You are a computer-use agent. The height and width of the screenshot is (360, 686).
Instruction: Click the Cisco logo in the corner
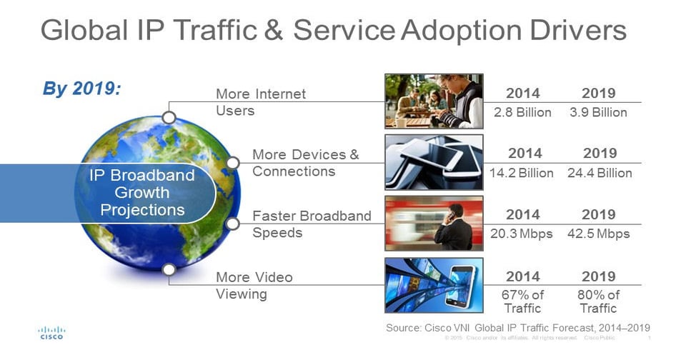coord(51,333)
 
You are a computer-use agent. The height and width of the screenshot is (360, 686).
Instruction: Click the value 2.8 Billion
coord(523,112)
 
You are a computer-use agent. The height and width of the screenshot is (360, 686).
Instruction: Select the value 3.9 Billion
coord(599,112)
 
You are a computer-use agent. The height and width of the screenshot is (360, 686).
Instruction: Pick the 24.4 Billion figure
coord(600,173)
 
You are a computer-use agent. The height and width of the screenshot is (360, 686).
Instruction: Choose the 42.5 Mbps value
coord(599,234)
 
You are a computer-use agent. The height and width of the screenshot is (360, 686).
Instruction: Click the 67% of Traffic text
coord(523,301)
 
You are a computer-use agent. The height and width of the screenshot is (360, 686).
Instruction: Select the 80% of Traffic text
coord(598,301)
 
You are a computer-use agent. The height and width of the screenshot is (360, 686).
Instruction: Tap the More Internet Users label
coord(260,102)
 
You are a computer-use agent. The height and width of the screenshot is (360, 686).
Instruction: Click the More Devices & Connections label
coord(305,163)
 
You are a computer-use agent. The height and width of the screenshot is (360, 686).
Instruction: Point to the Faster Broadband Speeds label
coord(312,224)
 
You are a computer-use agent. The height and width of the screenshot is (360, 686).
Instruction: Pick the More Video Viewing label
coord(254,285)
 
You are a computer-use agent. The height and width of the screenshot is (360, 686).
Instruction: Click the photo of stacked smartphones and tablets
coord(434,162)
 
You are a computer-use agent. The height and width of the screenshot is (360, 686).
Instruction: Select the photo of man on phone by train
coord(434,224)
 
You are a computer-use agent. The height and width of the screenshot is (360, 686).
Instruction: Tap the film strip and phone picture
coord(434,285)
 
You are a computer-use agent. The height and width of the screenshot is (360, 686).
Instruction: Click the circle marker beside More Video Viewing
coord(169,270)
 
